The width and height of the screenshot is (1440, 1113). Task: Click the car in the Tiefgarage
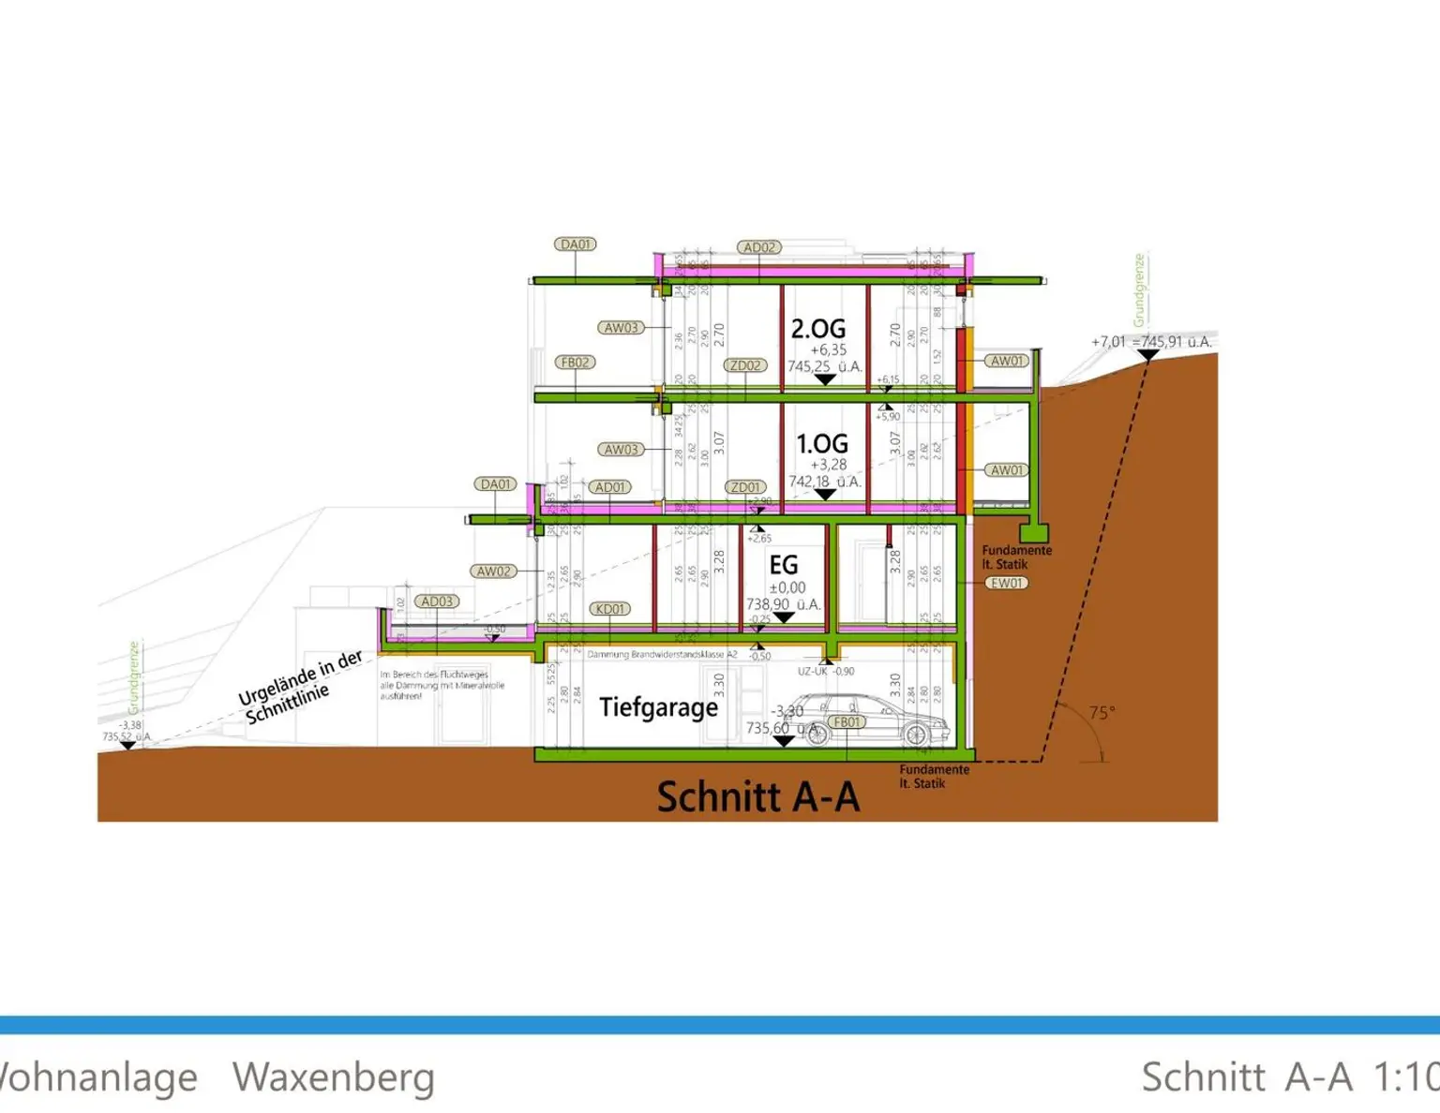coord(877,721)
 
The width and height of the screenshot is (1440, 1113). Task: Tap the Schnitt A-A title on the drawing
coord(757,797)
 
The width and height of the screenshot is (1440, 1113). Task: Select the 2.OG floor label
coord(817,329)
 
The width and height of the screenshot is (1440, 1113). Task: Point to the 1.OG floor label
coord(822,443)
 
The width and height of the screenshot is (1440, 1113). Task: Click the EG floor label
coord(784,565)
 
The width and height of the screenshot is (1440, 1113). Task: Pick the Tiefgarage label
coord(658,707)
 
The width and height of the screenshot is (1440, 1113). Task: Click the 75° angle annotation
coord(1102,713)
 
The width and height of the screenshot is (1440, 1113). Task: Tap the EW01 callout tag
coord(1007,583)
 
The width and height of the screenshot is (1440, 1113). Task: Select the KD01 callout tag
coord(609,609)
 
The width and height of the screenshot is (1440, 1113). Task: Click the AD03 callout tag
coord(437,601)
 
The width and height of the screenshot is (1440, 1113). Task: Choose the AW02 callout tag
coord(493,571)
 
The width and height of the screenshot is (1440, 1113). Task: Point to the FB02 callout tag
coord(575,363)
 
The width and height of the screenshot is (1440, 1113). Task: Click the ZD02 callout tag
coord(745,365)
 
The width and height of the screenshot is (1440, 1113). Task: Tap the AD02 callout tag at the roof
coord(758,247)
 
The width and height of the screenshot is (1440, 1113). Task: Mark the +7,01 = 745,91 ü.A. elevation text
coord(1151,342)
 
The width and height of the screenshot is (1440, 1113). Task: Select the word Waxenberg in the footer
coord(333,1077)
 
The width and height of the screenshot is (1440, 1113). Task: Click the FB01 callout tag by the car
coord(847,722)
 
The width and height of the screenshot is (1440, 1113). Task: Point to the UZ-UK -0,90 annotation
coord(826,672)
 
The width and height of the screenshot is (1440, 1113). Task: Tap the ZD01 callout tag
coord(745,487)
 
